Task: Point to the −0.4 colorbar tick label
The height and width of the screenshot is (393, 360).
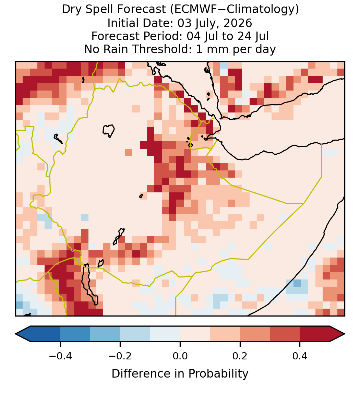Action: pyautogui.click(x=60, y=356)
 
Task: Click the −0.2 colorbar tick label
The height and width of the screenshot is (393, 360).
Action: pyautogui.click(x=120, y=356)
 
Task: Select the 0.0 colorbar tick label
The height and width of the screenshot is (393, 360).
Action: pyautogui.click(x=180, y=356)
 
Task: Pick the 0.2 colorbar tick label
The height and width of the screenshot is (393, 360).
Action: pyautogui.click(x=240, y=356)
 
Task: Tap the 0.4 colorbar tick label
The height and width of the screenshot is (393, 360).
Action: pyautogui.click(x=300, y=356)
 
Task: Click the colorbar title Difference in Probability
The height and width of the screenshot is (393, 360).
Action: pyautogui.click(x=180, y=373)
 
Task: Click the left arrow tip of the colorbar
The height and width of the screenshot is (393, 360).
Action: pyautogui.click(x=15, y=334)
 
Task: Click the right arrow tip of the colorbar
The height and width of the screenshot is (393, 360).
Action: pyautogui.click(x=345, y=334)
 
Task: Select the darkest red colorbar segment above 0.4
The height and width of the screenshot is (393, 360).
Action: pyautogui.click(x=315, y=334)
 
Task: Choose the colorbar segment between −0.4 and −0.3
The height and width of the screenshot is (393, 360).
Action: pyautogui.click(x=75, y=334)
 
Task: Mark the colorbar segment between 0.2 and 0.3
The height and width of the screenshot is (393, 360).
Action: pyautogui.click(x=255, y=334)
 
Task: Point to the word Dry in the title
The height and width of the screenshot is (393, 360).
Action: pyautogui.click(x=69, y=10)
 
